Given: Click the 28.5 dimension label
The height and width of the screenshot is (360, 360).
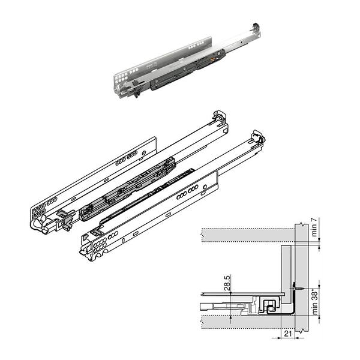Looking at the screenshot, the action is tap(227, 283).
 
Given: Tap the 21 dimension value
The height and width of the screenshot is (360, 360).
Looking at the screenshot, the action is tap(288, 334).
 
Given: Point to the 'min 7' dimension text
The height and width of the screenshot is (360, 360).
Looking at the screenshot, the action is tap(314, 227).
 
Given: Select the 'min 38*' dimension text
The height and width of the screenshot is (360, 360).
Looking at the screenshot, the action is tap(315, 302).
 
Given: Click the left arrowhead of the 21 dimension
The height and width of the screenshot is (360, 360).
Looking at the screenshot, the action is tap(279, 338).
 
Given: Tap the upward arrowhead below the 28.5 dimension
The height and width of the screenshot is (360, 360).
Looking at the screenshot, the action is tap(231, 318).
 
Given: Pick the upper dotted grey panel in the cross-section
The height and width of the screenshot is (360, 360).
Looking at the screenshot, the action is tap(248, 235).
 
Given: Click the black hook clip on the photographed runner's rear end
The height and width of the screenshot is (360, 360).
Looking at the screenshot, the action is tap(256, 26).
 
